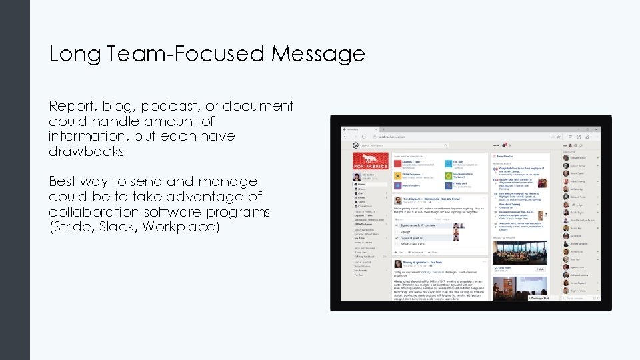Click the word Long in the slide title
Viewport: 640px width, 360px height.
point(69,54)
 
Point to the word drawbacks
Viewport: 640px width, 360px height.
point(86,151)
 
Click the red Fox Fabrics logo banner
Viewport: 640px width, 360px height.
point(370,161)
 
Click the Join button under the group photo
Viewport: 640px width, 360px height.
point(541,269)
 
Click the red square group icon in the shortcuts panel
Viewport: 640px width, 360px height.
point(397,163)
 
